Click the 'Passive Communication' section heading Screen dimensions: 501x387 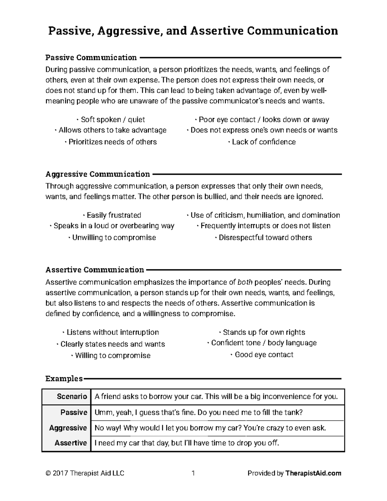[91, 58]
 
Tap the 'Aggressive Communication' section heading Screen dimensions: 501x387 [98, 174]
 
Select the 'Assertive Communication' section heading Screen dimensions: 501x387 [94, 270]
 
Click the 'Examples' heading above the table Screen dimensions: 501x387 [64, 378]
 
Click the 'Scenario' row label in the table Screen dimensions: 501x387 [72, 396]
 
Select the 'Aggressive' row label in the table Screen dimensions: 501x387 [68, 428]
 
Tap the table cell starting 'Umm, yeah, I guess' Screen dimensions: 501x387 [198, 413]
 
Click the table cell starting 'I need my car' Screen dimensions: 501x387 [186, 443]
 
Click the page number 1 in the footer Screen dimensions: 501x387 [193, 473]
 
